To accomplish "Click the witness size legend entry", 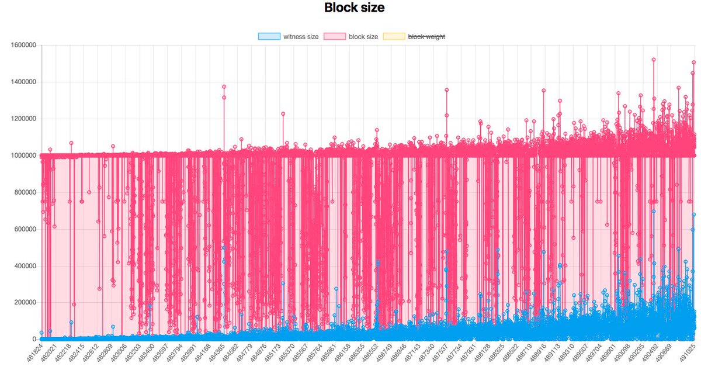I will tap(301, 36).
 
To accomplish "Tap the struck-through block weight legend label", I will tap(426, 36).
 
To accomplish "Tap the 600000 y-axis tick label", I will tap(22, 229).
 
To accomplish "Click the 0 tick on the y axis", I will tap(34, 339).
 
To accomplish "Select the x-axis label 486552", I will tap(370, 352).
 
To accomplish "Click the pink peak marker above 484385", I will tap(224, 87).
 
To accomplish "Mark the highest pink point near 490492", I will tap(654, 60).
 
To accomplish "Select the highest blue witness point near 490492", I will tap(654, 212).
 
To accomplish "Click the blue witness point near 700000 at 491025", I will tap(693, 215).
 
